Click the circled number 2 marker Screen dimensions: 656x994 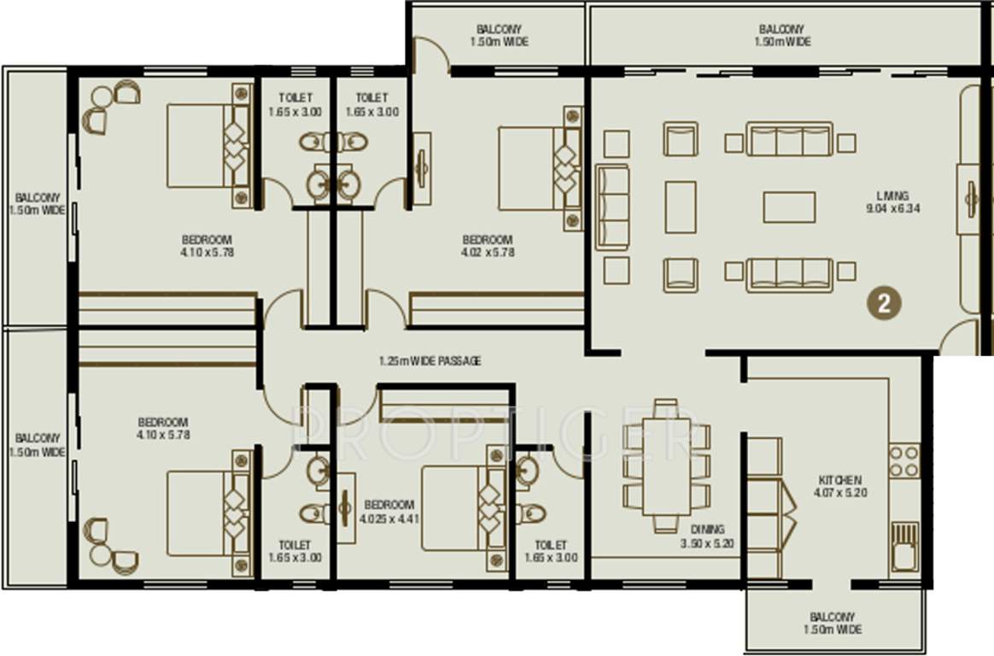[885, 302]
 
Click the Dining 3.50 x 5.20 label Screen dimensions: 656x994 [708, 536]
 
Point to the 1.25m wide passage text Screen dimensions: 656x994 [430, 361]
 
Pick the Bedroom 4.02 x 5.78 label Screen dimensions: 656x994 [487, 246]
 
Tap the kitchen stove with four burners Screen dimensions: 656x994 [904, 461]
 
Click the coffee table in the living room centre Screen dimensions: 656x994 [789, 207]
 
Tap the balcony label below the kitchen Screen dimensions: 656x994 [832, 623]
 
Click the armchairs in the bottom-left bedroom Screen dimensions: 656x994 [109, 543]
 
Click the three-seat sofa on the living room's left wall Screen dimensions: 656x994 [611, 208]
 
